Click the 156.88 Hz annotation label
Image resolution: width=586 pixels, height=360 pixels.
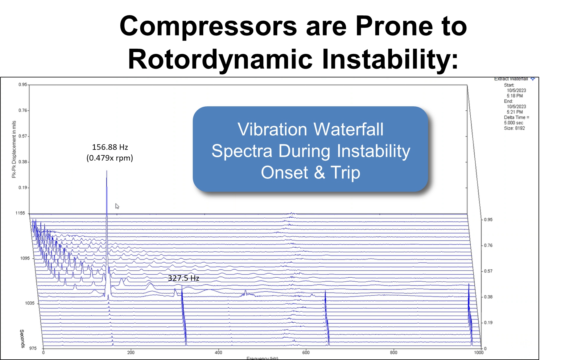pos(110,147)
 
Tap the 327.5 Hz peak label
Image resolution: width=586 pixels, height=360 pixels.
pos(183,278)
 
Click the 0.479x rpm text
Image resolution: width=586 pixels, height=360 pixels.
pos(110,158)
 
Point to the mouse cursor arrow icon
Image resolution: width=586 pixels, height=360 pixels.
pos(117,206)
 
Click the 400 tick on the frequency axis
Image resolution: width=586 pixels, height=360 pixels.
pos(218,352)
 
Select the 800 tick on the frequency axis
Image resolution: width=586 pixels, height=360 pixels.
pos(393,352)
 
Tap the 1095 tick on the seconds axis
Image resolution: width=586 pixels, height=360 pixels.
pos(25,258)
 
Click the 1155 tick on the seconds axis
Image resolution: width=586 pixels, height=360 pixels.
pos(20,213)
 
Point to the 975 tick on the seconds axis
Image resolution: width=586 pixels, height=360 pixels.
pos(33,348)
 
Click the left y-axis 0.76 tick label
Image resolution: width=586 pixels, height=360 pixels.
pos(23,110)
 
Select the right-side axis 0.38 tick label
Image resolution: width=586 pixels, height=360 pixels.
pos(488,297)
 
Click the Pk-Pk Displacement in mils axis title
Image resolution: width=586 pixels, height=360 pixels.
pos(14,149)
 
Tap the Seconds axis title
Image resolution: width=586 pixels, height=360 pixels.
pos(22,338)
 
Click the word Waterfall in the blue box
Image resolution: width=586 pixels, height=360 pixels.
pos(348,129)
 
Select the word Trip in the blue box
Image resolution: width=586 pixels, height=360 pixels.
pos(345,173)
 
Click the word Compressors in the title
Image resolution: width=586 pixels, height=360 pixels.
pos(208,26)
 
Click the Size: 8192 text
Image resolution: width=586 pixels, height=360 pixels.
pos(514,128)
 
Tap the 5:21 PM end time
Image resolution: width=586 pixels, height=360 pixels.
pos(514,112)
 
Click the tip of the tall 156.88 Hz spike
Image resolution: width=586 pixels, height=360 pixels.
pos(107,171)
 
